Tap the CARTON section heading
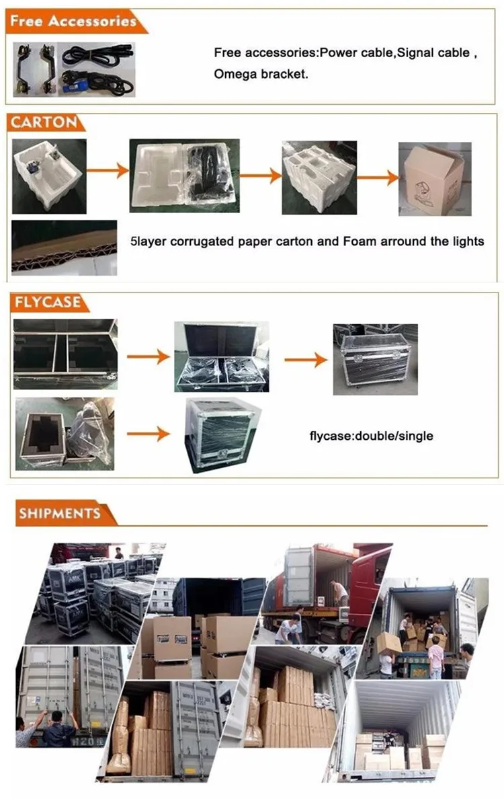pyautogui.click(x=43, y=123)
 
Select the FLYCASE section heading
pyautogui.click(x=46, y=302)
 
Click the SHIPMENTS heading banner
pyautogui.click(x=60, y=514)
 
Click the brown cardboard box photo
pyautogui.click(x=431, y=179)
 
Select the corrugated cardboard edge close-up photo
pyautogui.click(x=64, y=246)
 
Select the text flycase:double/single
pyautogui.click(x=370, y=436)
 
